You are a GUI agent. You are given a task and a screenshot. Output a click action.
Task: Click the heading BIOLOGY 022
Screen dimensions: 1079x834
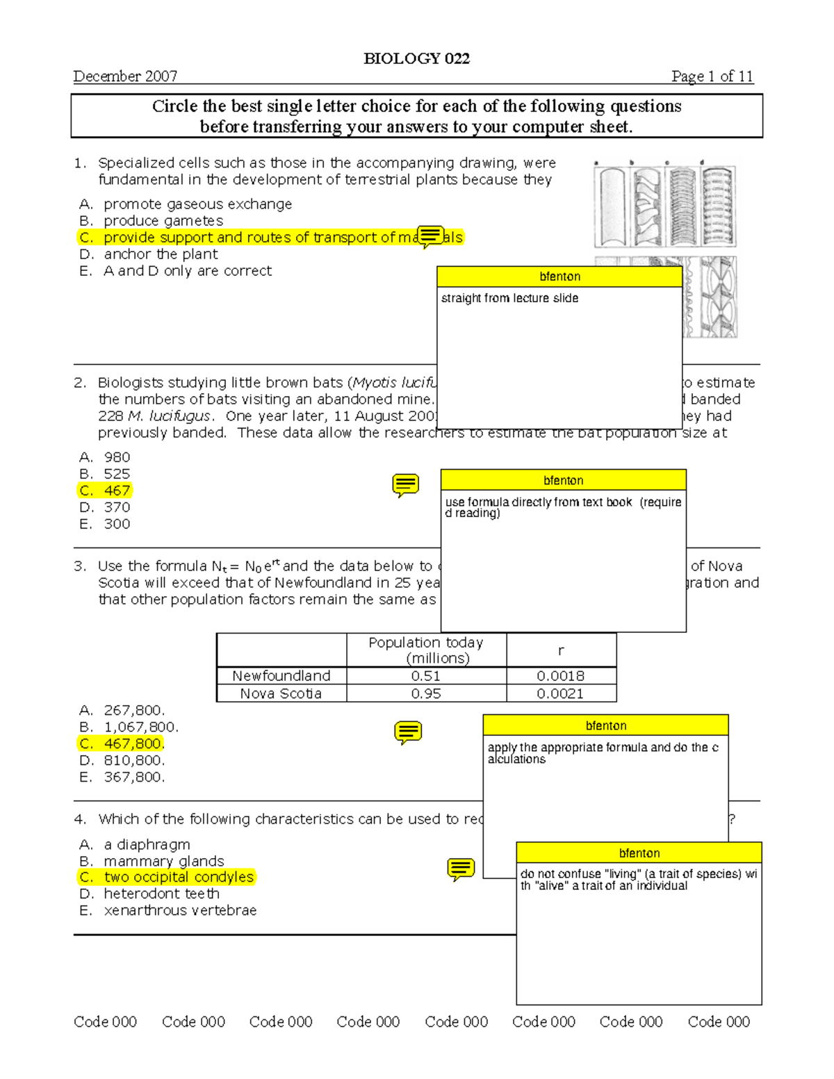(416, 58)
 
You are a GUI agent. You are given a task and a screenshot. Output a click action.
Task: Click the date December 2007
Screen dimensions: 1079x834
(125, 76)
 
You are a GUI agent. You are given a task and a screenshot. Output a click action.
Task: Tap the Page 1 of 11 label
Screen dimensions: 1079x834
(712, 76)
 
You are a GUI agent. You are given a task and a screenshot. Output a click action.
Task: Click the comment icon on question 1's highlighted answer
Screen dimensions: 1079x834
(430, 236)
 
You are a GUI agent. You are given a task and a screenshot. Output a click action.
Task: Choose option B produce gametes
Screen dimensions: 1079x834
(163, 221)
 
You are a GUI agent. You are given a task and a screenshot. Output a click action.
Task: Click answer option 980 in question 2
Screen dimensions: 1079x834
(116, 457)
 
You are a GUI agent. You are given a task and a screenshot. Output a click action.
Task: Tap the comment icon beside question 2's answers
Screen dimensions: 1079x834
(405, 485)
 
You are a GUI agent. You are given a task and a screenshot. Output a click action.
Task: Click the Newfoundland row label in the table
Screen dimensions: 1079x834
(281, 675)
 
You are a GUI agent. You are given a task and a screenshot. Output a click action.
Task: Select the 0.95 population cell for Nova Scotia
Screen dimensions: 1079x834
(425, 693)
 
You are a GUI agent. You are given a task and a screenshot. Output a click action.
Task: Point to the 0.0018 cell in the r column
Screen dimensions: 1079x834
(560, 675)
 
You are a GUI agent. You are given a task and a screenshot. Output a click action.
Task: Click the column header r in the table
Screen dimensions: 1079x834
(560, 650)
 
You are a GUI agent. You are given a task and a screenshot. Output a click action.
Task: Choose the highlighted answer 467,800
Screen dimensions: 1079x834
(133, 743)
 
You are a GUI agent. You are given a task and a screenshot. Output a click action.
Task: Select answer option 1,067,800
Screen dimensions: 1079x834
(140, 727)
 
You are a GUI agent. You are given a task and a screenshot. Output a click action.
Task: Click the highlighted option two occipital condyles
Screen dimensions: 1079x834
(178, 877)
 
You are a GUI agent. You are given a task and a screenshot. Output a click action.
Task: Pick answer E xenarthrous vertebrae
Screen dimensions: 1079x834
(179, 910)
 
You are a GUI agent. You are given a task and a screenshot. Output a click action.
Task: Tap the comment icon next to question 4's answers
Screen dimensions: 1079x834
(461, 868)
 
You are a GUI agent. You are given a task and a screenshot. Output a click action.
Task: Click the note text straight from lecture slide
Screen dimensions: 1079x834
(509, 298)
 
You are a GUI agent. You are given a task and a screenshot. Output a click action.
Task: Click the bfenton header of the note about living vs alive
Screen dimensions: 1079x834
(639, 853)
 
